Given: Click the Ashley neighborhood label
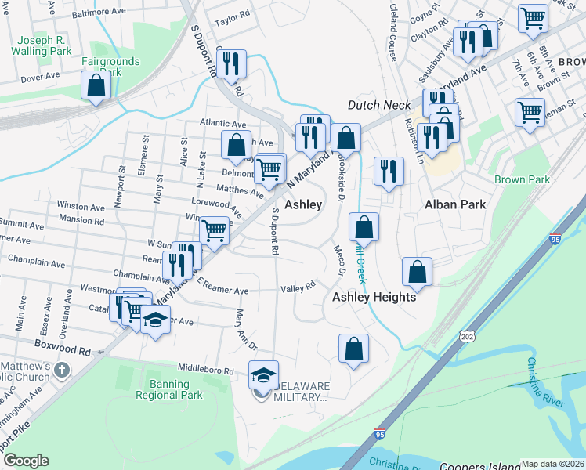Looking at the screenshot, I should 303,204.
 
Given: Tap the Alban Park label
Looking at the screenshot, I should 455,204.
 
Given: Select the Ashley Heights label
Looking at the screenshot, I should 374,297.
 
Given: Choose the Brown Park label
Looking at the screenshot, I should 523,179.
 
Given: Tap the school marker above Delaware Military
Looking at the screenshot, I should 263,375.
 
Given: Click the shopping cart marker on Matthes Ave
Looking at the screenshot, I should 269,168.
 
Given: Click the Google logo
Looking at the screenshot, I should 26,461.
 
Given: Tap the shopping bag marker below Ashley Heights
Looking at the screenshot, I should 353,349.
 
